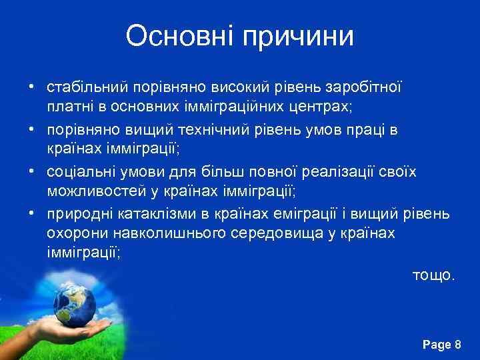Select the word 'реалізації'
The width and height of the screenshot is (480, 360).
pyautogui.click(x=340, y=171)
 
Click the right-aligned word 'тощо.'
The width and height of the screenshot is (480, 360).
pyautogui.click(x=433, y=275)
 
